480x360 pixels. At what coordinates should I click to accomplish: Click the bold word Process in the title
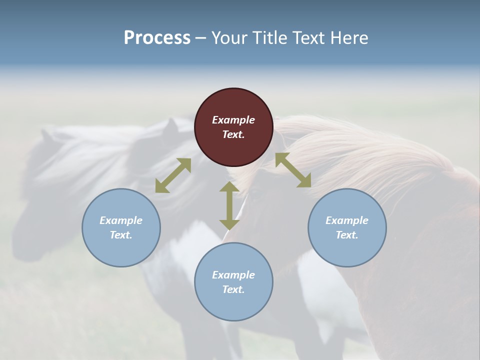[x=157, y=38]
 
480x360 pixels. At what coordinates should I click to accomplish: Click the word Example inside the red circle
[x=233, y=120]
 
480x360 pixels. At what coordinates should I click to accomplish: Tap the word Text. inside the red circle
[x=233, y=134]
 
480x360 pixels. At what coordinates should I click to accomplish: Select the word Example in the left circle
[x=121, y=220]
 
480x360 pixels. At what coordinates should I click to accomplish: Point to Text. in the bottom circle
[x=233, y=289]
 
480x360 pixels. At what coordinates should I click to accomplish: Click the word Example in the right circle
[x=347, y=220]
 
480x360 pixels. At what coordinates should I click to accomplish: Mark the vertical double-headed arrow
[x=229, y=205]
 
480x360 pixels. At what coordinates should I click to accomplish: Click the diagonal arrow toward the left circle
[x=173, y=175]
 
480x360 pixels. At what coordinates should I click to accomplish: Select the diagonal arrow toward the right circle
[x=293, y=170]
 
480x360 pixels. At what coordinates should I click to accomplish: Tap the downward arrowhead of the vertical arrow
[x=229, y=223]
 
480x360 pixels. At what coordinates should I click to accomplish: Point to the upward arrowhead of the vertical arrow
[x=229, y=187]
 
